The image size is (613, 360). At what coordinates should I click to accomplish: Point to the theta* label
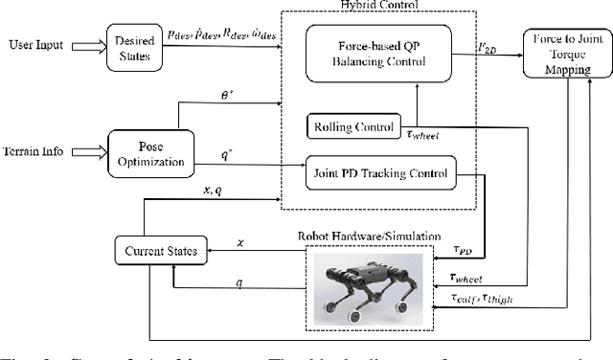coord(227,94)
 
